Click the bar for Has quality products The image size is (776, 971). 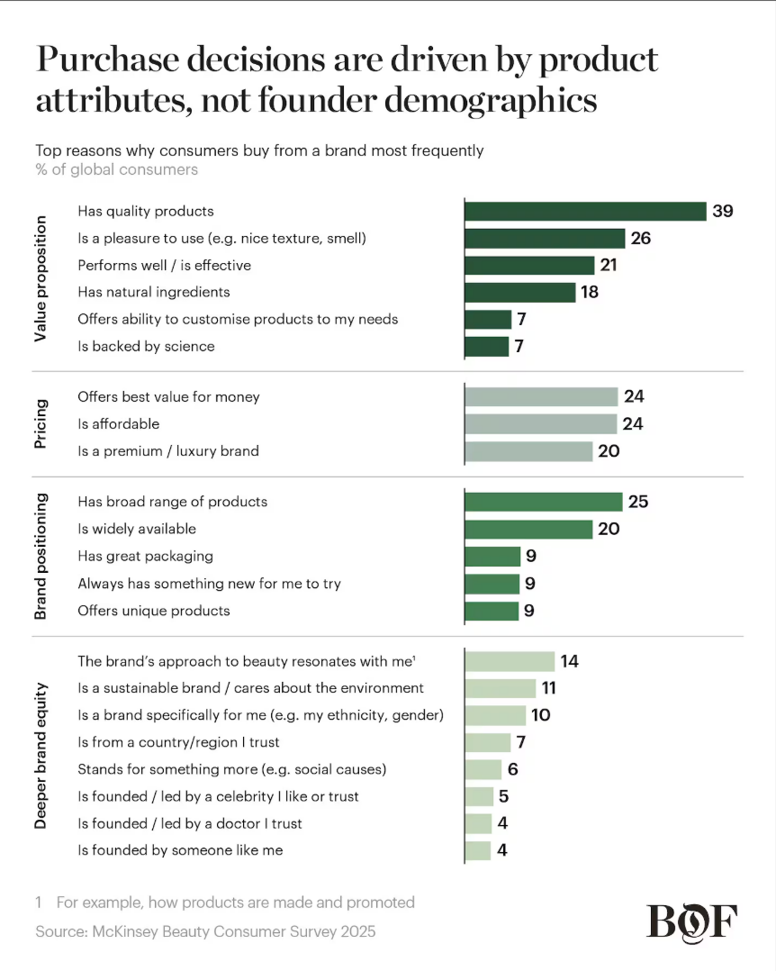click(584, 212)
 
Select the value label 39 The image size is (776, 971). click(722, 212)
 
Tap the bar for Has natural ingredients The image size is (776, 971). click(519, 293)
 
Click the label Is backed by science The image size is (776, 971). click(146, 346)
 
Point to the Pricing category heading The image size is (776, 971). click(41, 423)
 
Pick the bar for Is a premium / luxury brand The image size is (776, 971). click(528, 451)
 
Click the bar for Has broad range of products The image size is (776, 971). click(543, 502)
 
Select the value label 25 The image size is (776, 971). click(637, 502)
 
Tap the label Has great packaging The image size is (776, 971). click(145, 557)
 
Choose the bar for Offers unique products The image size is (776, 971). click(492, 611)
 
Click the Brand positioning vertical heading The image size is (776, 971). click(41, 556)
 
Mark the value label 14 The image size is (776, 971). click(569, 661)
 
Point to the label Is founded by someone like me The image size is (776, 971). click(180, 850)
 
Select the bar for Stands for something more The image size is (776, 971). click(483, 770)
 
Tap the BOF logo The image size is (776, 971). click(691, 921)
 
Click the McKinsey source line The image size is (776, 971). click(205, 931)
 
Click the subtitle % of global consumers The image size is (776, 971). click(117, 169)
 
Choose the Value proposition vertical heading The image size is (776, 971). click(41, 279)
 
